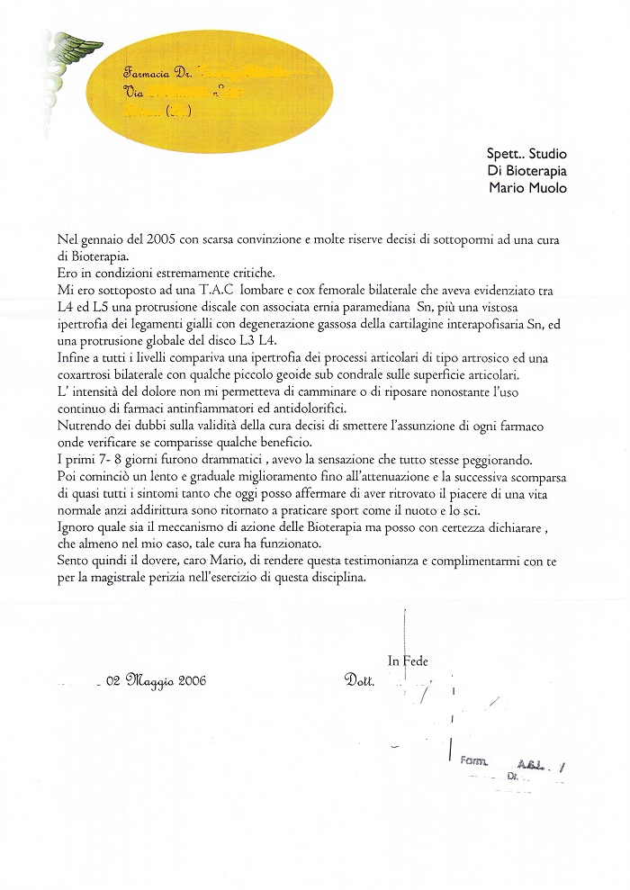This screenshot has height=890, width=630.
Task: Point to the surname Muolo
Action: (549, 187)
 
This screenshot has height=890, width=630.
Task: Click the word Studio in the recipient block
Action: (552, 153)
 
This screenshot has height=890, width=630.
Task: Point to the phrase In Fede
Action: (408, 661)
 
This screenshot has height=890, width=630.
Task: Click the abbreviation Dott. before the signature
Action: (359, 681)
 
